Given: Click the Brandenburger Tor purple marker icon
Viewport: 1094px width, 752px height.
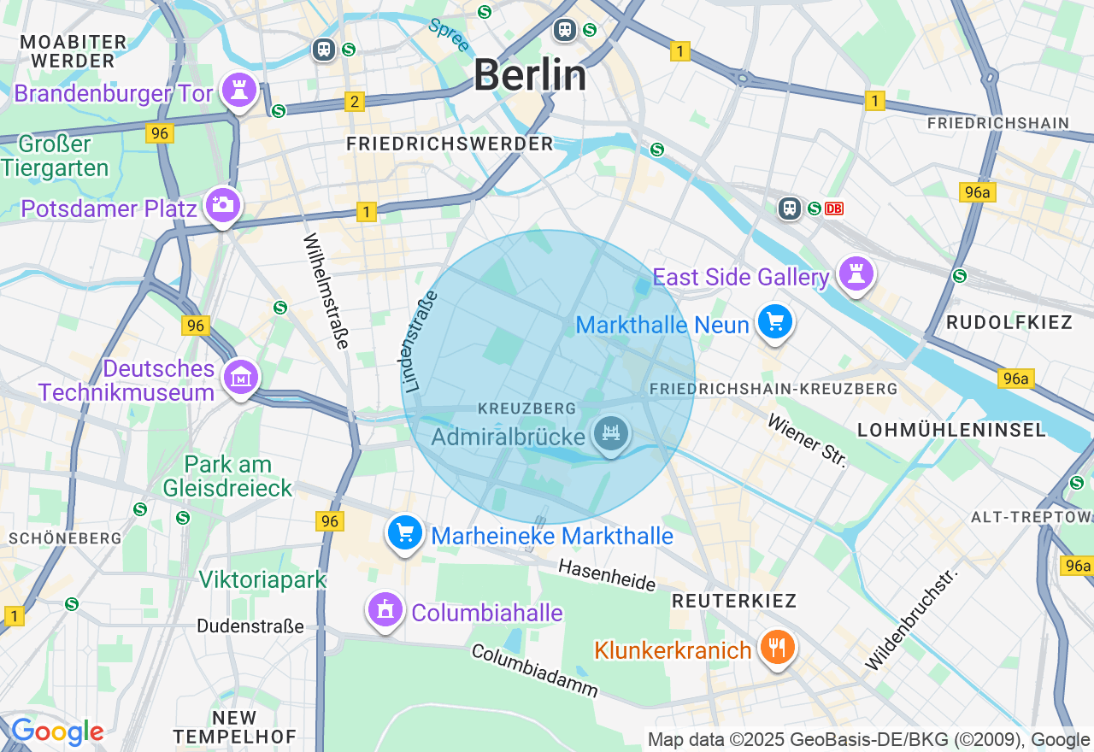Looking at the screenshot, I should pyautogui.click(x=238, y=89).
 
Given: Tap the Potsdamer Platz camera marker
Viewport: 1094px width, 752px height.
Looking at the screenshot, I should pyautogui.click(x=223, y=204).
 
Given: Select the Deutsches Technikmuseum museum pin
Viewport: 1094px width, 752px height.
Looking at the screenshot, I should pyautogui.click(x=241, y=376).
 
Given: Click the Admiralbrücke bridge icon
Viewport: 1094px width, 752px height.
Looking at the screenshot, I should pyautogui.click(x=610, y=433).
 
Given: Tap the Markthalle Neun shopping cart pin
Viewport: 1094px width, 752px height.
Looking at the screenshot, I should pyautogui.click(x=775, y=322).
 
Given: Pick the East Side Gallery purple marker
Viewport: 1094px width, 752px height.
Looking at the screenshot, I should pyautogui.click(x=855, y=273).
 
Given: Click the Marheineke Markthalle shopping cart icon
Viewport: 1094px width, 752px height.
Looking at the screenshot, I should pyautogui.click(x=405, y=532).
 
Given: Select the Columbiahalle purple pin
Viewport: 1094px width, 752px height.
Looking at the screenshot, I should pyautogui.click(x=386, y=610).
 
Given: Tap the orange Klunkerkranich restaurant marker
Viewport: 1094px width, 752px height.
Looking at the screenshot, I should pyautogui.click(x=777, y=647).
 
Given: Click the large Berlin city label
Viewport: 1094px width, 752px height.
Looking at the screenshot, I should pyautogui.click(x=530, y=75).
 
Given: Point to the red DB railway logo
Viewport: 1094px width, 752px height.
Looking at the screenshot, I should pyautogui.click(x=834, y=209).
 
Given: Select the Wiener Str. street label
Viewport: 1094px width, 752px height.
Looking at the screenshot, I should pyautogui.click(x=807, y=441).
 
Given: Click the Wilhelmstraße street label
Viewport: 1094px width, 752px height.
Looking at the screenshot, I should pyautogui.click(x=326, y=291).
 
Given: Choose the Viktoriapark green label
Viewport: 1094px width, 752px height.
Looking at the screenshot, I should pyautogui.click(x=262, y=579).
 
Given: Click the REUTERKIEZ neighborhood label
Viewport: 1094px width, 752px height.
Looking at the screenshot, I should pyautogui.click(x=734, y=601).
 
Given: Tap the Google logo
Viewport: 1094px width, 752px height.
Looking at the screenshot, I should pyautogui.click(x=57, y=732).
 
